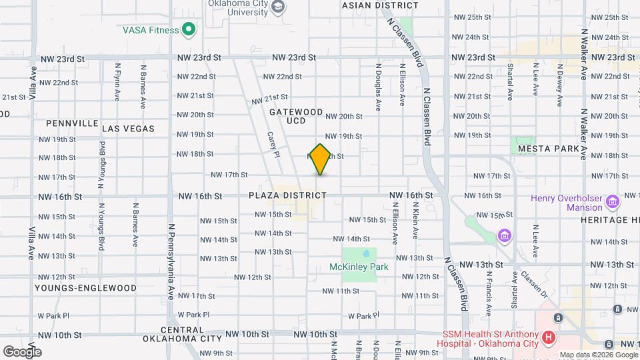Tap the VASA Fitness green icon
(x=189, y=29)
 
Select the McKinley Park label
(x=359, y=267)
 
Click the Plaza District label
(x=288, y=195)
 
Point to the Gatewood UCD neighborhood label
(x=296, y=117)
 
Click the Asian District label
(x=380, y=5)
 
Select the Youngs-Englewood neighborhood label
(x=86, y=289)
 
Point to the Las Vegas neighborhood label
(x=128, y=129)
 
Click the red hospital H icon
(x=549, y=338)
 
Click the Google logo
(x=22, y=351)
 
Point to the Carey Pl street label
(x=272, y=144)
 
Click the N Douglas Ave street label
(x=378, y=87)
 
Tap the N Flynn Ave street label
(x=117, y=82)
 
